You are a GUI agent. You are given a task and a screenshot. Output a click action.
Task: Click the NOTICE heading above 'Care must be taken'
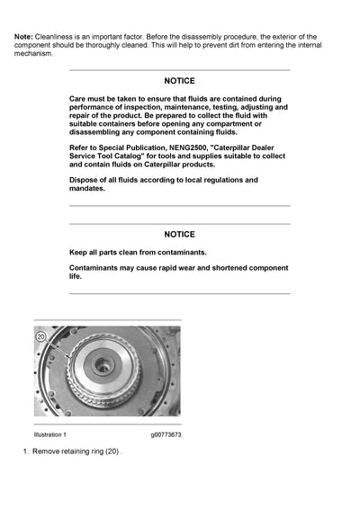pyautogui.click(x=179, y=81)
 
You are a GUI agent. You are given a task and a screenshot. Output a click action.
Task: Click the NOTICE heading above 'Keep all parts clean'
pyautogui.click(x=179, y=234)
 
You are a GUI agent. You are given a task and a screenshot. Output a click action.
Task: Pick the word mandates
pyautogui.click(x=87, y=189)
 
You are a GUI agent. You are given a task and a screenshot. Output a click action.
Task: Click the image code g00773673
pyautogui.click(x=166, y=434)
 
